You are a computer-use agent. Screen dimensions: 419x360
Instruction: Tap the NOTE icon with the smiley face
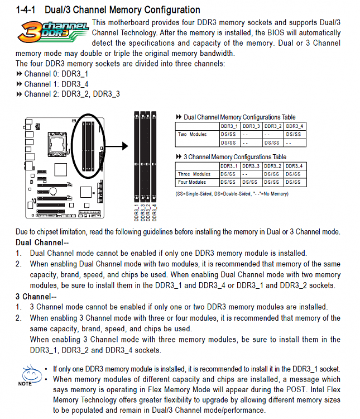pyautogui.click(x=26, y=375)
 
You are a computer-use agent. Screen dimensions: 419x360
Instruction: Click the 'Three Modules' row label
pyautogui.click(x=194, y=174)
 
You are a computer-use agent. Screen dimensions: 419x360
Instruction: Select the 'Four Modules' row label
pyautogui.click(x=193, y=182)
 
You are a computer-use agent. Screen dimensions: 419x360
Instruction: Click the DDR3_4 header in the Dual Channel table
pyautogui.click(x=294, y=126)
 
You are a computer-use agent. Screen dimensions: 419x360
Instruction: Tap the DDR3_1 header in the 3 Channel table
pyautogui.click(x=229, y=166)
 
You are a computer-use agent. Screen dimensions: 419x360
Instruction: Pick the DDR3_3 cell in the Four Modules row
pyautogui.click(x=251, y=182)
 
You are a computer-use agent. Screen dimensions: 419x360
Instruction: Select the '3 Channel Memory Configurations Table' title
pyautogui.click(x=235, y=157)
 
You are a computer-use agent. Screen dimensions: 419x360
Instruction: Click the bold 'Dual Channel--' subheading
pyautogui.click(x=42, y=242)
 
